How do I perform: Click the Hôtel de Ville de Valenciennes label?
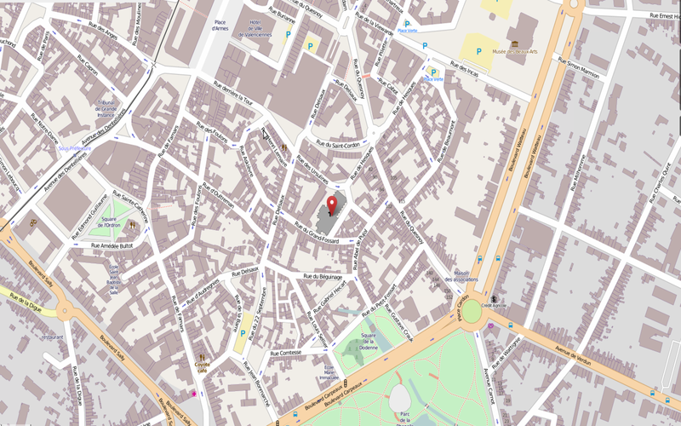click(259, 28)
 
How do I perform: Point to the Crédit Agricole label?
click(494, 303)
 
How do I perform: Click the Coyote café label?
click(202, 366)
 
